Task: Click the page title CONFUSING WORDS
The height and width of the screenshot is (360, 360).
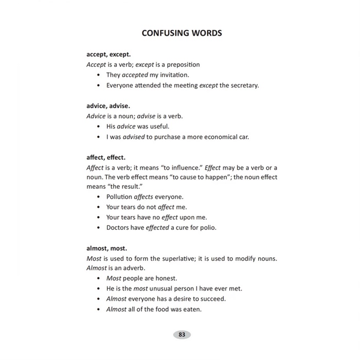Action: (x=182, y=33)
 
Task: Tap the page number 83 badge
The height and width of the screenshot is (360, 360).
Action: (x=182, y=335)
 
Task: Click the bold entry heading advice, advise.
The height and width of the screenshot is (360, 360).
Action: (x=108, y=105)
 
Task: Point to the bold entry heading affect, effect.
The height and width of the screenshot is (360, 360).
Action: (x=106, y=157)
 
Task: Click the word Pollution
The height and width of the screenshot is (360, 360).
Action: (x=119, y=197)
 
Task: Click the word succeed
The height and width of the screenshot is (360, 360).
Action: (x=213, y=299)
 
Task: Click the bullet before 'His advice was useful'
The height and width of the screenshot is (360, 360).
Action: (x=98, y=127)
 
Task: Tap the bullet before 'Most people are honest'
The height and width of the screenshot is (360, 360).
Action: (x=98, y=278)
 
